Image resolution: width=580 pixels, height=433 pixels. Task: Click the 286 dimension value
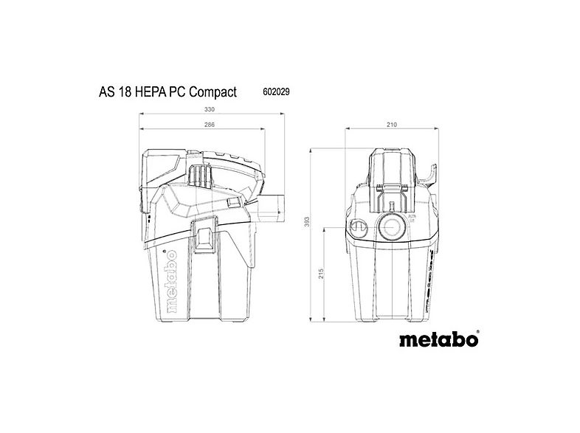tap(210, 125)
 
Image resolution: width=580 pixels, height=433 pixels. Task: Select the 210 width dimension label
tap(390, 125)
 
